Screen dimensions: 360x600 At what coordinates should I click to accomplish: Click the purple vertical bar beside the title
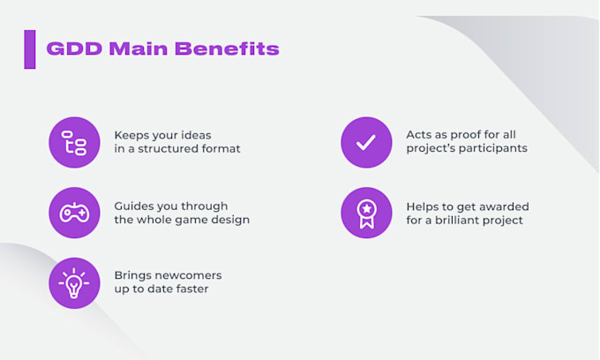(x=30, y=49)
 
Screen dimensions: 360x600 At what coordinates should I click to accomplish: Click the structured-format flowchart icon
(x=74, y=142)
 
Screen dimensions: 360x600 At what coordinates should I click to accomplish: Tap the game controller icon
(x=74, y=213)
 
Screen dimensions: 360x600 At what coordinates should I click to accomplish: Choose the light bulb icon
(x=74, y=282)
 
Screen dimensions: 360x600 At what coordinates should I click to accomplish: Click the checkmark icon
(x=366, y=142)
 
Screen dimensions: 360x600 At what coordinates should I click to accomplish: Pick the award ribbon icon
(x=366, y=213)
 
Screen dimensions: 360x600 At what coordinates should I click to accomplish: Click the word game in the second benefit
(x=191, y=220)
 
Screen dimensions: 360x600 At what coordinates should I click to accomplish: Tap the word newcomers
(x=186, y=275)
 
